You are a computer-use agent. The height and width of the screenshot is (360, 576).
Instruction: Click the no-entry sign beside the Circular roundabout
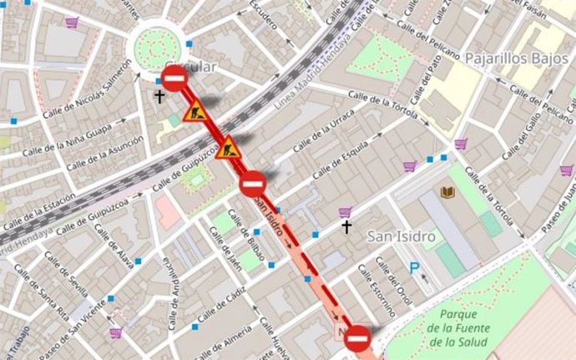point(174,79)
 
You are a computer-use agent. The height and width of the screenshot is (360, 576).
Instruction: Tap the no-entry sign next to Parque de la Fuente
point(358,337)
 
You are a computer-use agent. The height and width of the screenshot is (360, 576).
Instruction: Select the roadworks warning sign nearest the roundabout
point(196,111)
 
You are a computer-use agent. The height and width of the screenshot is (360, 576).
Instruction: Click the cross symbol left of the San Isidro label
point(346,227)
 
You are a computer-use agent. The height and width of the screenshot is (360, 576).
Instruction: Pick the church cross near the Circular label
point(159,97)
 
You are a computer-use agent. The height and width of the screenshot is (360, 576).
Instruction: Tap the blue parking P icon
point(415,268)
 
